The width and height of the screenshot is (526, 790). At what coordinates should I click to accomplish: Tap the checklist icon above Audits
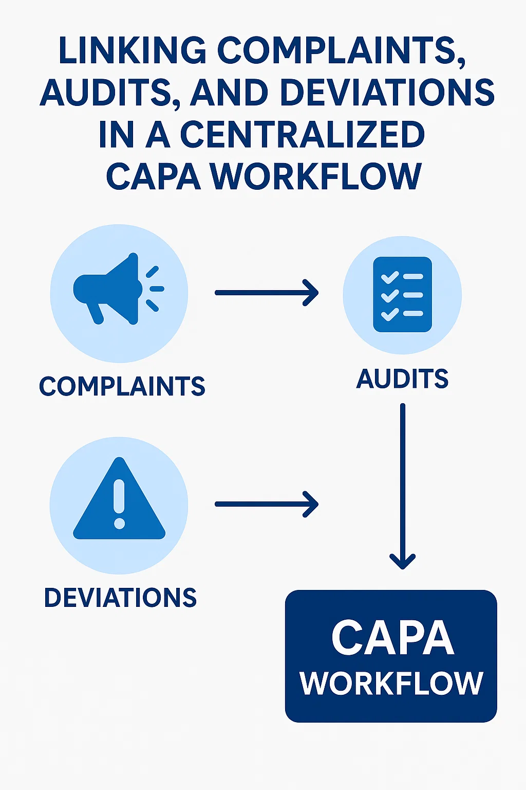402,295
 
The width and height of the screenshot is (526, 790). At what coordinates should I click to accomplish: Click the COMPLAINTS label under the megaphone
122,386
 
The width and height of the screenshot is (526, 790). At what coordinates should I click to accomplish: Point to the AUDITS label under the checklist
402,379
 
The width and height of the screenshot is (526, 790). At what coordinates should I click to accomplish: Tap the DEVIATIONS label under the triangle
120,598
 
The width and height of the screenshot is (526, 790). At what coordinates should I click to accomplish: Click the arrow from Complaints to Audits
267,293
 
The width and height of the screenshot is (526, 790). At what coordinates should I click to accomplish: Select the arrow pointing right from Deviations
267,505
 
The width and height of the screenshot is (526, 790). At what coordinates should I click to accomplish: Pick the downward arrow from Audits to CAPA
403,487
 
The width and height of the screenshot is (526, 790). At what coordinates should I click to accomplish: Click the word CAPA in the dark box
392,638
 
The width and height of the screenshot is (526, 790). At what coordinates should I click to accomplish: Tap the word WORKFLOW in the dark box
391,684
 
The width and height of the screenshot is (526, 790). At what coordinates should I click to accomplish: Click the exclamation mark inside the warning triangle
119,504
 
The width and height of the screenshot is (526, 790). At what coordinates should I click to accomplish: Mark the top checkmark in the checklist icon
390,277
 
